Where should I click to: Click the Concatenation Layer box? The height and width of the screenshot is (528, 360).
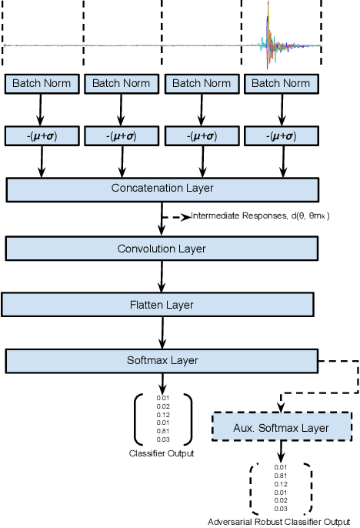coord(162,189)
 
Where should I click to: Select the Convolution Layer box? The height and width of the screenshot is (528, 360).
coord(162,248)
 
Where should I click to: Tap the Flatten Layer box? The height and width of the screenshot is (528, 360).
coord(162,305)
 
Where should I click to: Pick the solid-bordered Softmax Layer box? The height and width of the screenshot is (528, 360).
coord(162,359)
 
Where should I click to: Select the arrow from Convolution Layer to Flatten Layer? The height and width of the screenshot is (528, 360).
coord(162,276)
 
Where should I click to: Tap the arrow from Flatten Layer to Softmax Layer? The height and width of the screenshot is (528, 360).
coord(162,332)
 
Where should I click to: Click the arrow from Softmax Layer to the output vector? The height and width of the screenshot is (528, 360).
coord(162,382)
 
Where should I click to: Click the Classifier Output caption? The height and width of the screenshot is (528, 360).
coord(162,453)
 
